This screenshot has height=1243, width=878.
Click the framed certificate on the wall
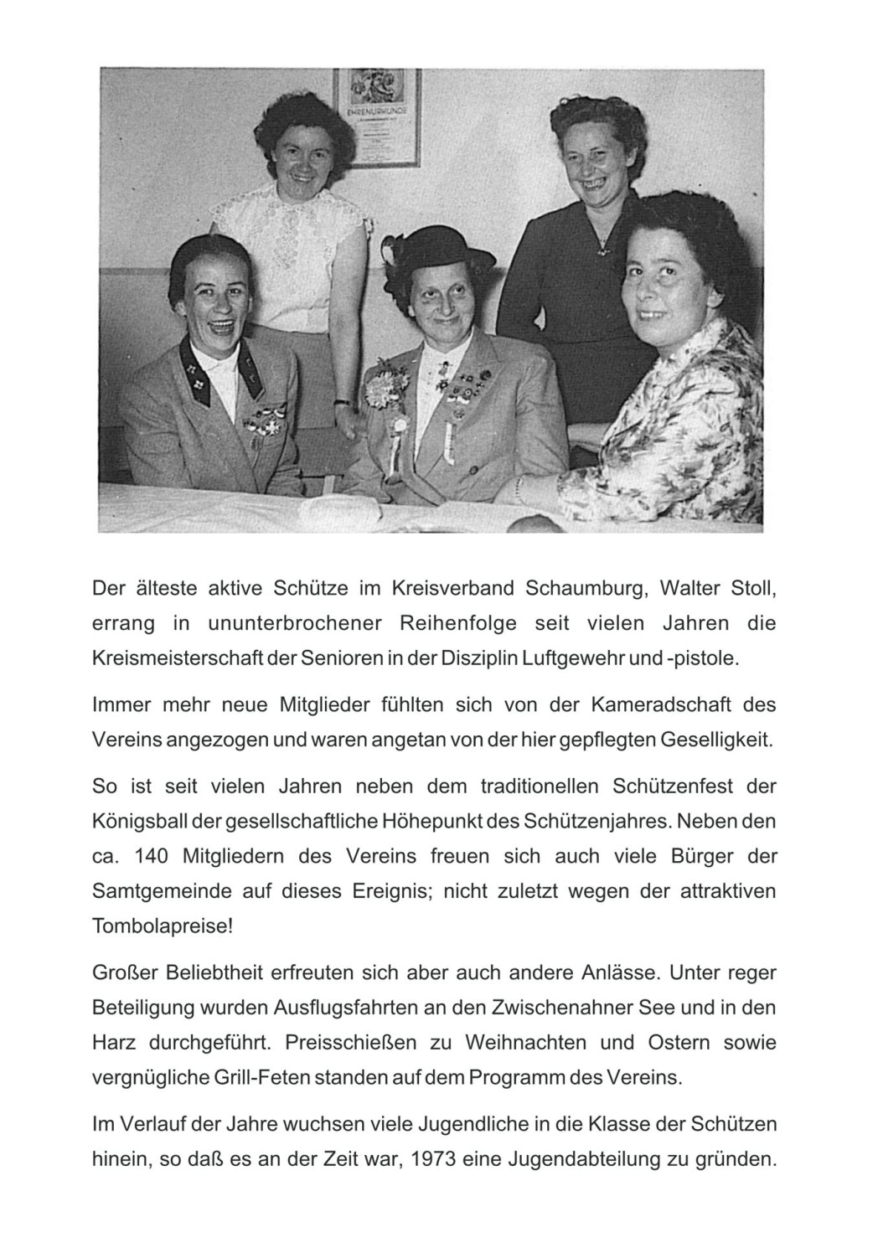[x=377, y=116]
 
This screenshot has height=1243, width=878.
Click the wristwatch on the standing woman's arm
[x=340, y=402]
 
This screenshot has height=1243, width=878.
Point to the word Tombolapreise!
[x=163, y=927]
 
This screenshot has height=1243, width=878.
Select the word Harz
[x=112, y=1043]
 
